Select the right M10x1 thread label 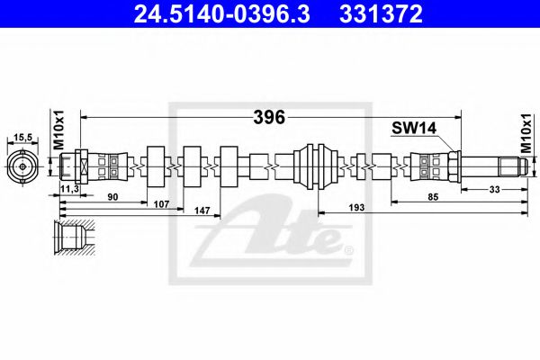click(x=527, y=131)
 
